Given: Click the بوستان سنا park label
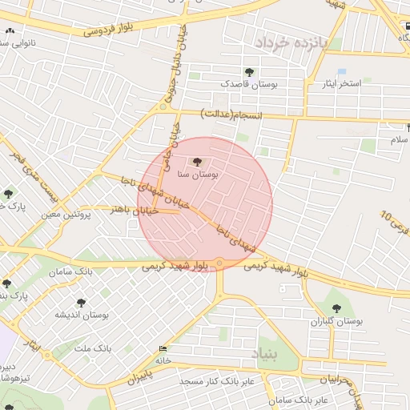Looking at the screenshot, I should [199, 173].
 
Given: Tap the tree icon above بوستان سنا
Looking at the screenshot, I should [199, 163].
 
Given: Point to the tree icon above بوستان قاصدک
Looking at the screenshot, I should [249, 72].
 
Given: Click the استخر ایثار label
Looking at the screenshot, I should [339, 83].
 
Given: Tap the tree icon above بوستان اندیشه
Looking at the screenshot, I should [81, 303].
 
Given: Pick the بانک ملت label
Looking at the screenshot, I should [91, 348].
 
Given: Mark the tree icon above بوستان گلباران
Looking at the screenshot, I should [337, 308].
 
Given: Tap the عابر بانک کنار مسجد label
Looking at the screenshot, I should [218, 381].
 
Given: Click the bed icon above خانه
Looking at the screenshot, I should [164, 348].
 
